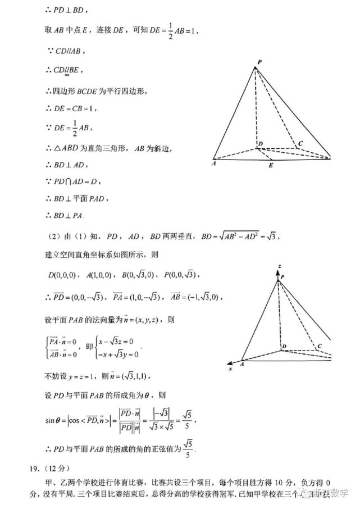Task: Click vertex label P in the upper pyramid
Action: coord(259,62)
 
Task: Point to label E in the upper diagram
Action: coord(270,166)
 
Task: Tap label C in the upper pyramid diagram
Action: coord(300,144)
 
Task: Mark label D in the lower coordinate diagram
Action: coord(284,347)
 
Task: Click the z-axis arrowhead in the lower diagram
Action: coord(277,272)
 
